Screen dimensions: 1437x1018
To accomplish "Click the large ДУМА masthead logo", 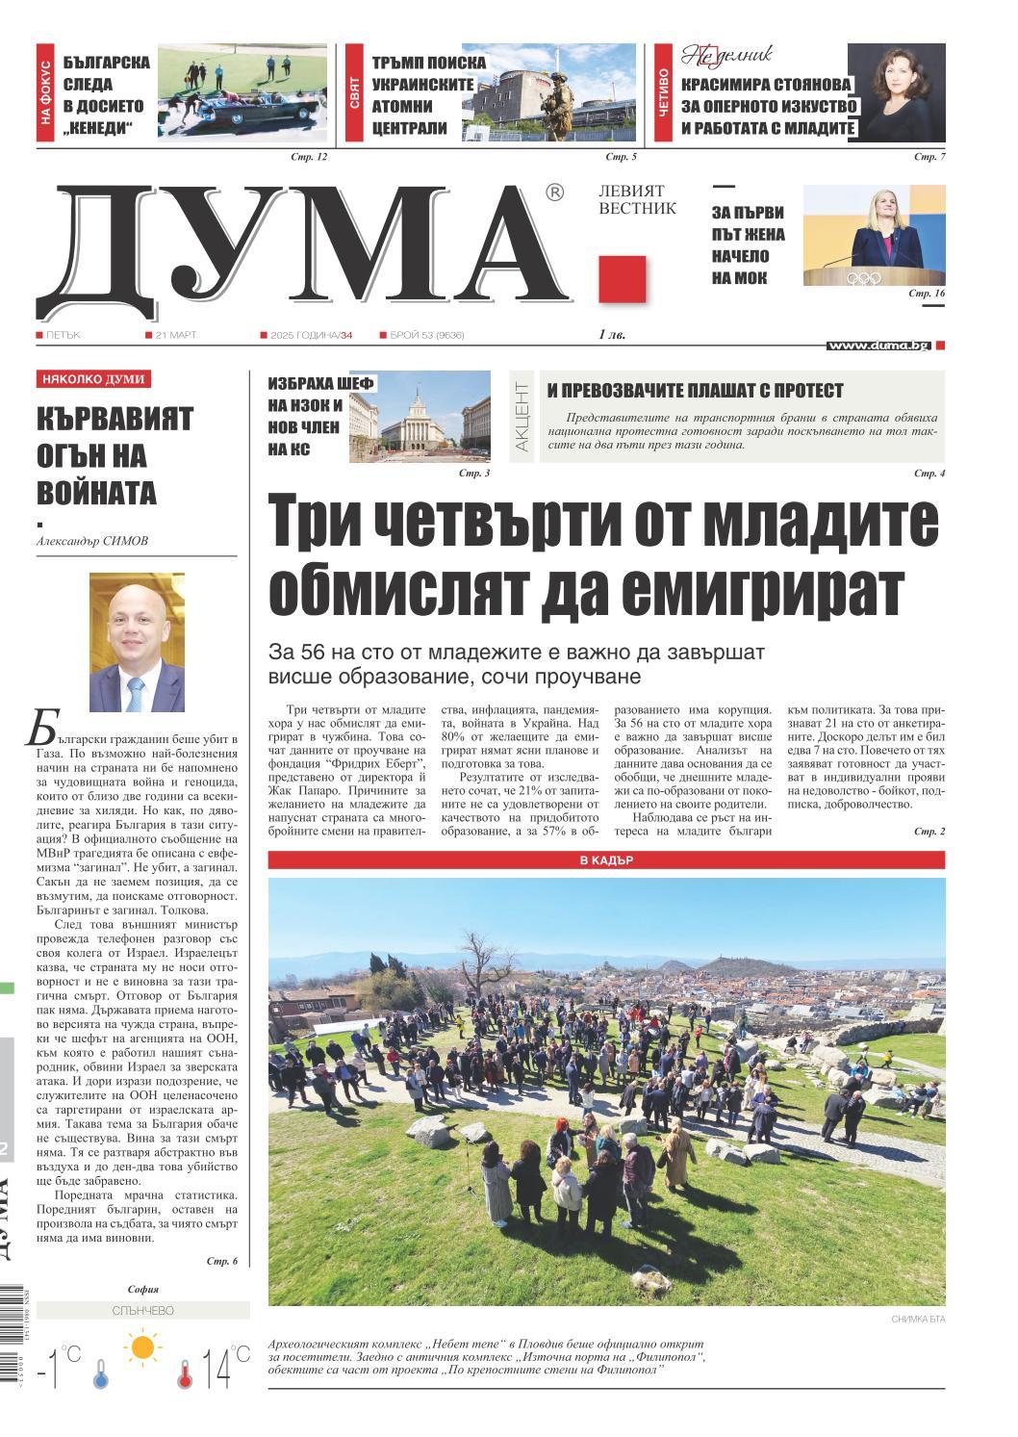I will click(x=308, y=245).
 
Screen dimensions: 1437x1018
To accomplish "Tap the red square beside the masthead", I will click(x=622, y=279).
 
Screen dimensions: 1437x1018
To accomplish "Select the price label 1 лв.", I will click(x=611, y=335).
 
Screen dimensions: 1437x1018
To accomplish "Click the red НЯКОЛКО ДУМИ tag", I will click(x=93, y=379).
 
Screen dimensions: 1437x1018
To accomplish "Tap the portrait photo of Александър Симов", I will click(x=137, y=642).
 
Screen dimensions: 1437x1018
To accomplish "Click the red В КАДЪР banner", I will click(x=606, y=860).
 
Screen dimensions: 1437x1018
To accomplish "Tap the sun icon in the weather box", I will click(x=143, y=1347).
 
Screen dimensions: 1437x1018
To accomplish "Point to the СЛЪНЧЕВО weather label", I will click(x=142, y=1310).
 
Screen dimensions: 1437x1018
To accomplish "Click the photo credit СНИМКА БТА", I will click(x=917, y=1319).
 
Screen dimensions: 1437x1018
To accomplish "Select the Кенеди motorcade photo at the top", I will click(x=242, y=93).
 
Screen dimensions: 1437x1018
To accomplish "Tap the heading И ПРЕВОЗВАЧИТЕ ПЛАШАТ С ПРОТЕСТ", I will click(x=695, y=391).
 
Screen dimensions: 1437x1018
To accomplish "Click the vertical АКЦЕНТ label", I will click(x=522, y=417).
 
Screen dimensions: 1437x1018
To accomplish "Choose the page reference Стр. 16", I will click(x=927, y=293).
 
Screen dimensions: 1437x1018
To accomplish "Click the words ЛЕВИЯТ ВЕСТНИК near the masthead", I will click(x=637, y=200).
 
